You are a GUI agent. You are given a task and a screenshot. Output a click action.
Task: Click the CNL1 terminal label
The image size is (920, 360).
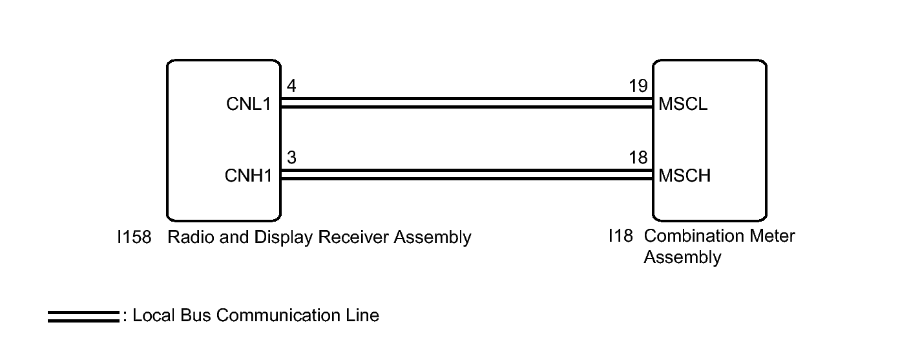pos(249,104)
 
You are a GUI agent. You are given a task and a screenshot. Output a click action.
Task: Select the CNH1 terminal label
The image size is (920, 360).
pos(249,176)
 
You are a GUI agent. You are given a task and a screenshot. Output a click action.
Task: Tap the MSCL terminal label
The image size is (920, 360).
pos(683,104)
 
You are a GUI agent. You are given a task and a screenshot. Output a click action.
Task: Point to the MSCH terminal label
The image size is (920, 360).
pos(685,176)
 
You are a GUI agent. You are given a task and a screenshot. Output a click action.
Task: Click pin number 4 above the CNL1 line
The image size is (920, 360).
pos(291,86)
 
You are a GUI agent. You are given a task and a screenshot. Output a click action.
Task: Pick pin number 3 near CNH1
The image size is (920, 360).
pos(291,158)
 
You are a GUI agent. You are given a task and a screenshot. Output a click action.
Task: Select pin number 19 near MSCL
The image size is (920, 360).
pos(638,86)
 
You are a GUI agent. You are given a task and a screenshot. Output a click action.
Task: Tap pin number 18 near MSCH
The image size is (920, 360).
pos(638,158)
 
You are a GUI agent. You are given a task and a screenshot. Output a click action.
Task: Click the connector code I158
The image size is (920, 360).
pos(134,237)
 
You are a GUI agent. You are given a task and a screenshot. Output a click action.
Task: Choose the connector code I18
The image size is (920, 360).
pos(621,236)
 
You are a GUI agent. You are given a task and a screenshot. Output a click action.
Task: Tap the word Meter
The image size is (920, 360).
pos(773,236)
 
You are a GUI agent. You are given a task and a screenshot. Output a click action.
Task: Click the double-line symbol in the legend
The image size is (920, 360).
pos(83,317)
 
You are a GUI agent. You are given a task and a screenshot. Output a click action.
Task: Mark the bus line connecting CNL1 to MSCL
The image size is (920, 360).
pos(466,103)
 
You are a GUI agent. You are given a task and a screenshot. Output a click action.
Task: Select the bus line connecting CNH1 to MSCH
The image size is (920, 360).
pos(466,175)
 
